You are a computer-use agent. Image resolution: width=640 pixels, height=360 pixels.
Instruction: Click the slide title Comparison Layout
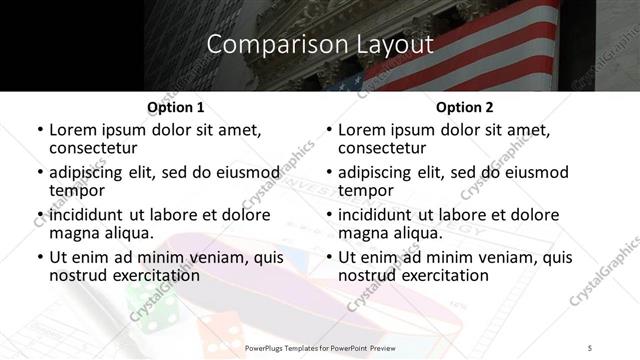320,44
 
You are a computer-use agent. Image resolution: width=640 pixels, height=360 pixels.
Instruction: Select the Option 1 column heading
175,107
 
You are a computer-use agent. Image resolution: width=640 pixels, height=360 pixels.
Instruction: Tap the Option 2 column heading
464,107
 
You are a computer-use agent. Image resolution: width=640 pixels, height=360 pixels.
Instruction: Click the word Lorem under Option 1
73,130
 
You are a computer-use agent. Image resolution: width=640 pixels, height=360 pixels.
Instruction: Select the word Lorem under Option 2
362,130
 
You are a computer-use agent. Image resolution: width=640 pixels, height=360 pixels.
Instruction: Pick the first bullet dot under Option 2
328,131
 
